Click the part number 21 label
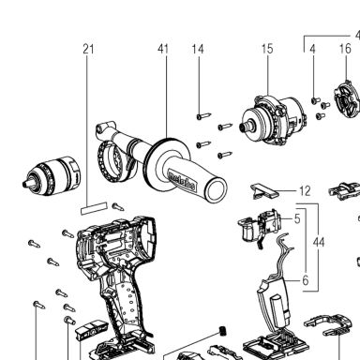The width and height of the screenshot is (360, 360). [x=88, y=49]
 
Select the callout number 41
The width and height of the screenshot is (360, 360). [x=163, y=49]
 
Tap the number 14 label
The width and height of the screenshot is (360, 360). [x=198, y=49]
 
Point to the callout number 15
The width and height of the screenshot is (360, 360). [x=267, y=49]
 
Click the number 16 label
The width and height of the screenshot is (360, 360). [x=345, y=49]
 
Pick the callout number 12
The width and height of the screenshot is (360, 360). [x=305, y=191]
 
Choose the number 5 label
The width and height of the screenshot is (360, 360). [x=297, y=218]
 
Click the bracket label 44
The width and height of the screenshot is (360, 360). [x=319, y=243]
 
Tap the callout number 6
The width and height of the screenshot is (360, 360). [x=306, y=280]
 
